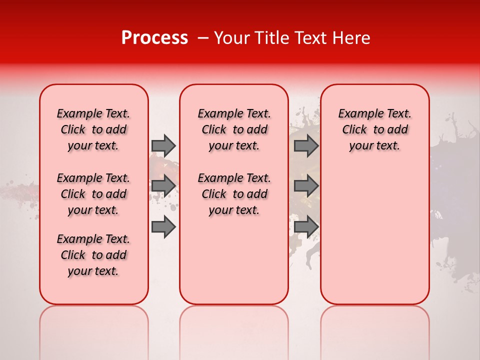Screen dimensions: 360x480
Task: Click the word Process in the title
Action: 154,38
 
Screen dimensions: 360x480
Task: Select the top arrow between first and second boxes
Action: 163,145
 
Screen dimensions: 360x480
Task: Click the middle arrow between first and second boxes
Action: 163,186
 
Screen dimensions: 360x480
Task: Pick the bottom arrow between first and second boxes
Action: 163,227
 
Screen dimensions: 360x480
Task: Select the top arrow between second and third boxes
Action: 306,145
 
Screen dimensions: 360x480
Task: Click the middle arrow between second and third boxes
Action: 306,186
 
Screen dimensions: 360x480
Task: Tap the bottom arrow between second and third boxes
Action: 306,227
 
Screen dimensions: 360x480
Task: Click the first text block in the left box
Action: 93,129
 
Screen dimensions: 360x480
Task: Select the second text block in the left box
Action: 93,194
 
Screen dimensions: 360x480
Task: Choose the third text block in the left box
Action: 93,255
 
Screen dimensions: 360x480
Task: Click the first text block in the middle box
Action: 234,129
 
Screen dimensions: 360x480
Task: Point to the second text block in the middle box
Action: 234,194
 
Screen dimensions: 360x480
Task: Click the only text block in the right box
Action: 374,129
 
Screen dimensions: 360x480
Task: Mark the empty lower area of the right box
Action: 374,235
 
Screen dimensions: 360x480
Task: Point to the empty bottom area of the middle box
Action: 234,265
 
